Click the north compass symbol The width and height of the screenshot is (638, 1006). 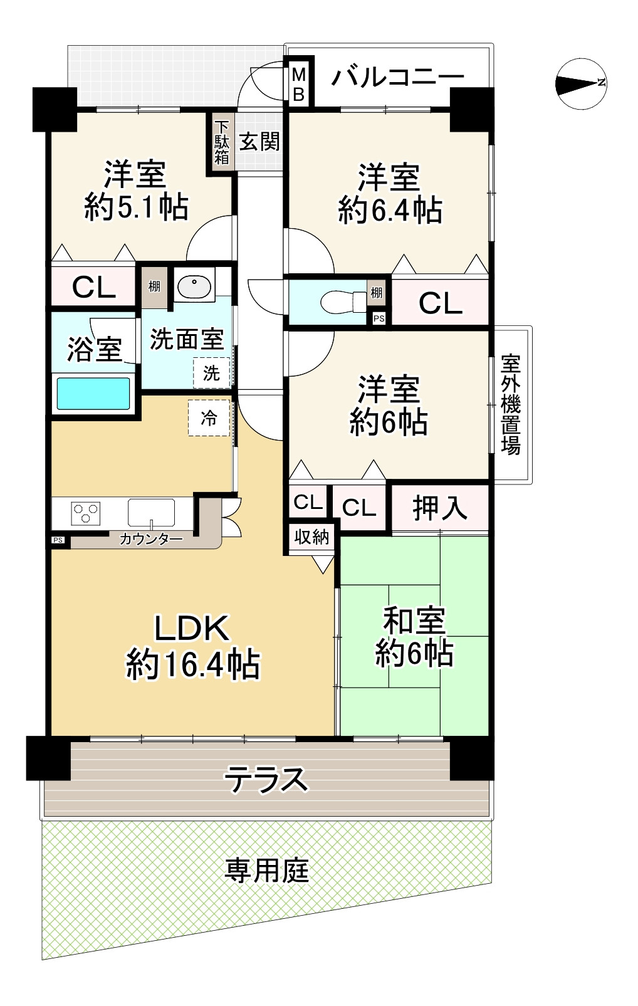point(581,83)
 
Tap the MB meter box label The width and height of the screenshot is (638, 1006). point(299,85)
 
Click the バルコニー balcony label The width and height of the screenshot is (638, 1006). point(397,78)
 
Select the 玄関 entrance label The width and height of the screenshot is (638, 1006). point(259,142)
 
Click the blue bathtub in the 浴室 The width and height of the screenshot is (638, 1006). point(93,393)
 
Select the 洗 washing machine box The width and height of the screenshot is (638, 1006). point(211,373)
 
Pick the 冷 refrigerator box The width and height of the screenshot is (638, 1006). point(209,418)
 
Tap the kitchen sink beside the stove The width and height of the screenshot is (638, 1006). point(151,513)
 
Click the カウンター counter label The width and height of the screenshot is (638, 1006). point(151,538)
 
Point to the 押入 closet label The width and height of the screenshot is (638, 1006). point(439,507)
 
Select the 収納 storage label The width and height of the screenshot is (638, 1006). point(311,537)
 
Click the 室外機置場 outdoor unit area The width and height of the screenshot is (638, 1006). point(511,405)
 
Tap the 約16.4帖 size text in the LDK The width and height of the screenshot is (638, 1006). point(192,664)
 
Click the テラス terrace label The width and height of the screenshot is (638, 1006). point(266,780)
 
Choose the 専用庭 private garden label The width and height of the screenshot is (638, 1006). point(267,871)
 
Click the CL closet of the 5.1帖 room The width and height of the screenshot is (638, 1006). point(93,287)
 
